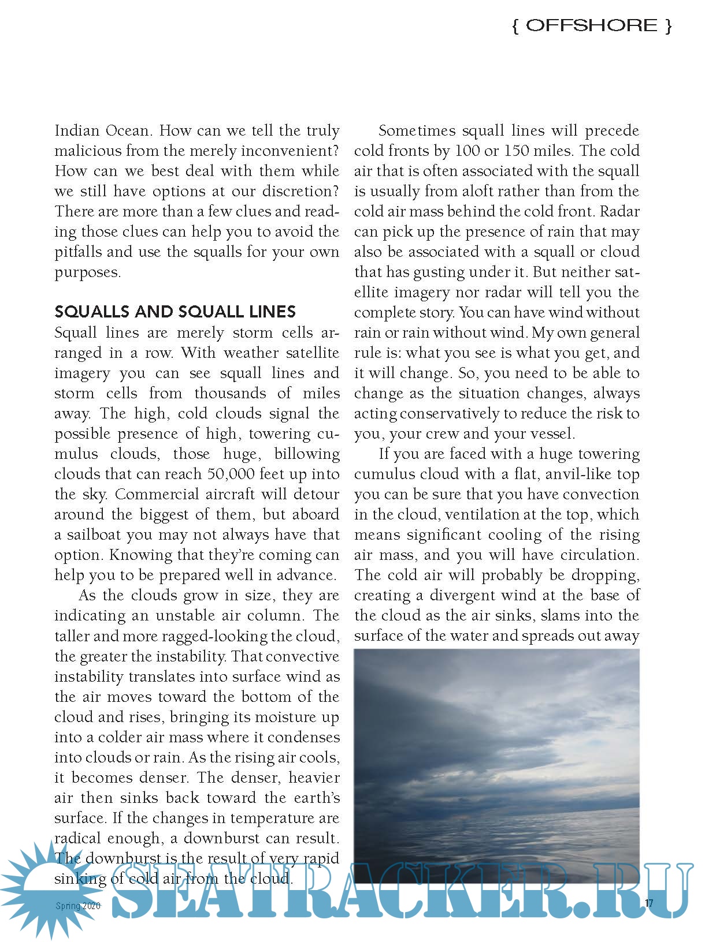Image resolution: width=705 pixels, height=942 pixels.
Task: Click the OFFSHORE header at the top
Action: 592,25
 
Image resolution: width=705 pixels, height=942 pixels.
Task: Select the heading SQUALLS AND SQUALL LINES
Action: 175,312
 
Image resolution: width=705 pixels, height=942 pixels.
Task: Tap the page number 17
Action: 649,903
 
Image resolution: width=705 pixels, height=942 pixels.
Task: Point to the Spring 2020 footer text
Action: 78,906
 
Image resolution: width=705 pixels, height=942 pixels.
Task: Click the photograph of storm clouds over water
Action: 496,762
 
